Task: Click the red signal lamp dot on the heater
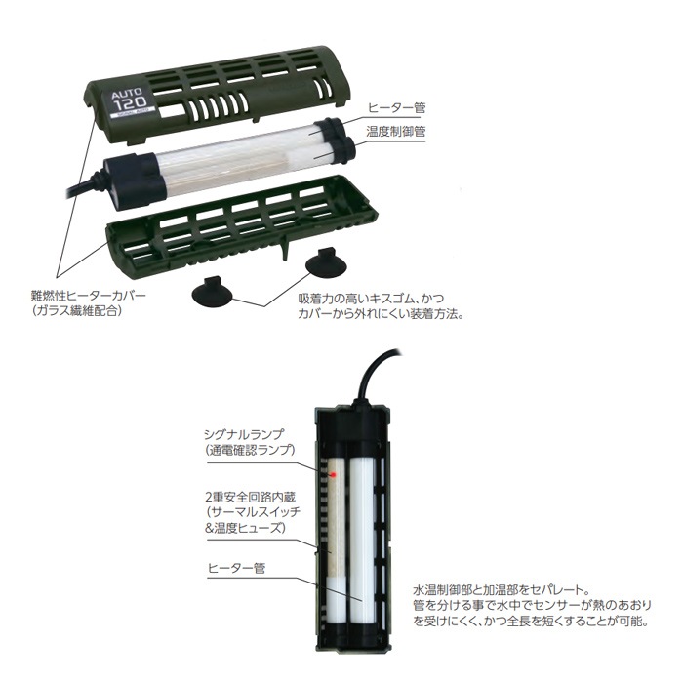333,473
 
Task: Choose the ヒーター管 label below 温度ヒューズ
234,565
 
